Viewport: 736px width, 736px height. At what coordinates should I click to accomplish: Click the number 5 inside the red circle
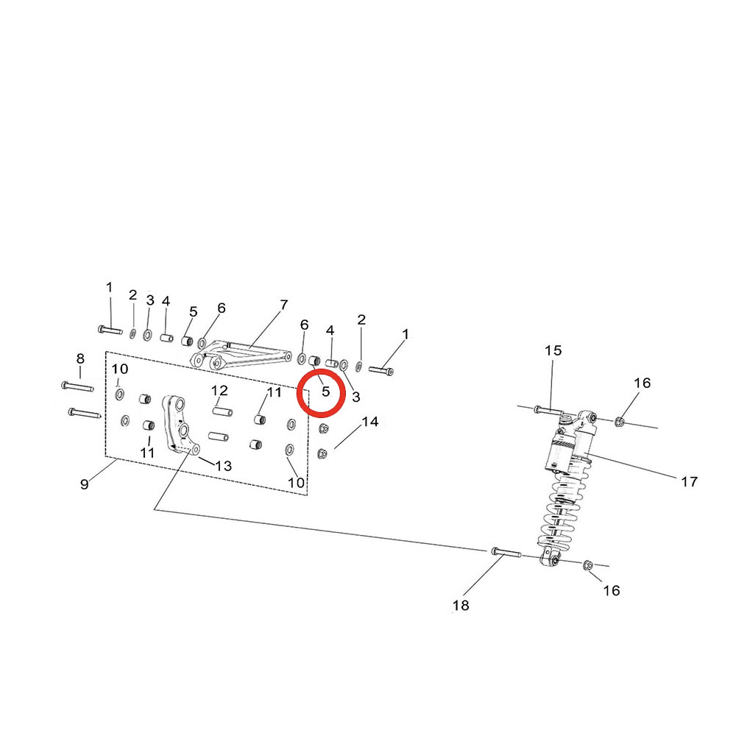pos(326,391)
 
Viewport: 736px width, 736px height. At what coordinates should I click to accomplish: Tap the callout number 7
pos(284,305)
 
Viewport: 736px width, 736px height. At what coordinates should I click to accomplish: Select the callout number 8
pos(80,358)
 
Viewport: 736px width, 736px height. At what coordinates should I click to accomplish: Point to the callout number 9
pos(85,484)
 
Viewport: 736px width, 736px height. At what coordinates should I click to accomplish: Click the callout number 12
pos(219,390)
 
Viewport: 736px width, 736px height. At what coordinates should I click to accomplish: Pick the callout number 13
pos(224,466)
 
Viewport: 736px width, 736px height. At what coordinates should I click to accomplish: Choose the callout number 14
pos(370,422)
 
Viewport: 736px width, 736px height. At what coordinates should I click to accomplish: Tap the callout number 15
pos(553,350)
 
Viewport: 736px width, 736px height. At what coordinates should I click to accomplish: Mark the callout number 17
pos(689,481)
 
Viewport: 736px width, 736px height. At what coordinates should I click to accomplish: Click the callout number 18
pos(461,606)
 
